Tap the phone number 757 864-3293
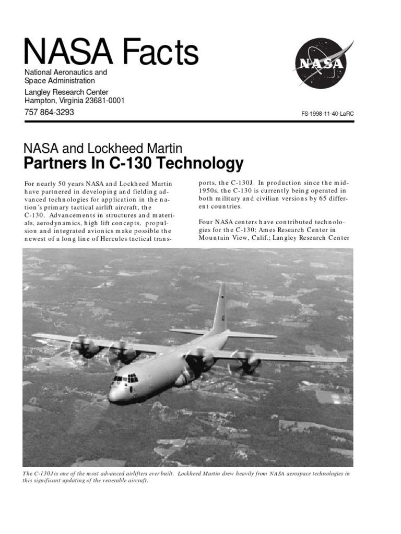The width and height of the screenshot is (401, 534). [x=50, y=112]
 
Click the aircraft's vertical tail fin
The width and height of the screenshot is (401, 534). [x=219, y=309]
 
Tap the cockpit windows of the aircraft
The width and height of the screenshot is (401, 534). [x=126, y=378]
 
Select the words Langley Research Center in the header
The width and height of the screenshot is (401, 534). [x=67, y=92]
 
